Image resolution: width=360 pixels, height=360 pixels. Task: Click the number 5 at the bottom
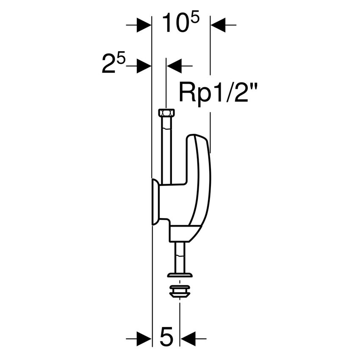coord(166,338)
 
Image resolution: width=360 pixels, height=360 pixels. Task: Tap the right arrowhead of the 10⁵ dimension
coord(217,26)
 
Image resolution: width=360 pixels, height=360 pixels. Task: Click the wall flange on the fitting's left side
coord(155,202)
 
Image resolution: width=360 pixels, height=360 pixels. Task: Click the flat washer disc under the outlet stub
coord(180,275)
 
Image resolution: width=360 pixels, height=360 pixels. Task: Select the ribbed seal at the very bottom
coord(180,291)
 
